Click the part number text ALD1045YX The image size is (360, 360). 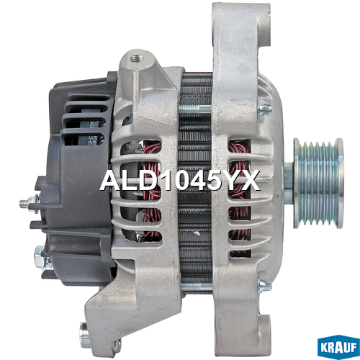pyautogui.click(x=179, y=181)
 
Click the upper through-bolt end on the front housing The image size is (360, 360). pyautogui.click(x=264, y=108)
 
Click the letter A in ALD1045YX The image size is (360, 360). pyautogui.click(x=109, y=181)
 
